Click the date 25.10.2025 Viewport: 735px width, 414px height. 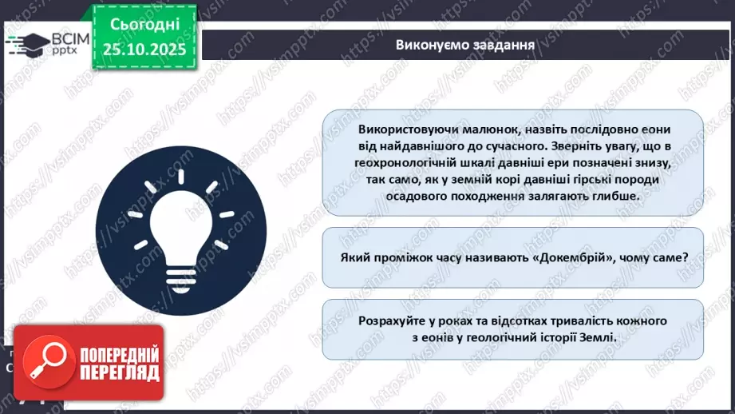pyautogui.click(x=144, y=50)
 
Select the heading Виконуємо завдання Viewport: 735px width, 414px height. pyautogui.click(x=464, y=45)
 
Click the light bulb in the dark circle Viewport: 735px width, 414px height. pyautogui.click(x=181, y=227)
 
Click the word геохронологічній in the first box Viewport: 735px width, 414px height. pyautogui.click(x=410, y=163)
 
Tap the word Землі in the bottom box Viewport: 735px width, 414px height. pyautogui.click(x=599, y=337)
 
